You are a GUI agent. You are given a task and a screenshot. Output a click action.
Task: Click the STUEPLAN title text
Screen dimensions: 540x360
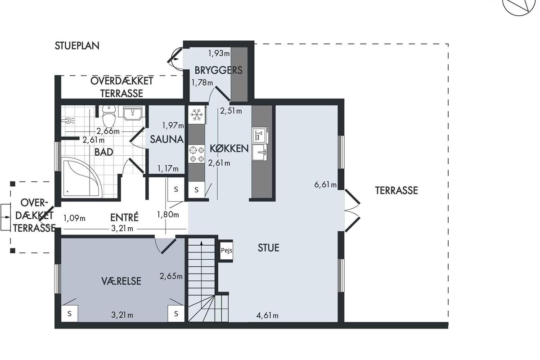click(77, 46)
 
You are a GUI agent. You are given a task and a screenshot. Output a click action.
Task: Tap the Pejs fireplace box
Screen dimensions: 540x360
click(227, 251)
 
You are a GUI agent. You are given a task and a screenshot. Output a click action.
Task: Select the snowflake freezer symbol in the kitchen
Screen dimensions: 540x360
click(197, 115)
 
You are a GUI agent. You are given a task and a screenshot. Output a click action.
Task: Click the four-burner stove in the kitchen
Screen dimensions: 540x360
click(197, 154)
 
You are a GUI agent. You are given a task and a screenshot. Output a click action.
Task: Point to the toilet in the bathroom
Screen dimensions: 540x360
click(109, 116)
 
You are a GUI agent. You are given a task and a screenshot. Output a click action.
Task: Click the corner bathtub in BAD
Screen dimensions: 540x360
click(81, 177)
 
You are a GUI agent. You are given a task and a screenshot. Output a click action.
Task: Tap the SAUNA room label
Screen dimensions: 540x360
click(166, 139)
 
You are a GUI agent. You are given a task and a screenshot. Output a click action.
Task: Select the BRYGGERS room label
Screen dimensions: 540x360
click(218, 70)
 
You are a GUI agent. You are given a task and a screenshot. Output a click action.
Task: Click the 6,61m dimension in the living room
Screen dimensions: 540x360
click(325, 184)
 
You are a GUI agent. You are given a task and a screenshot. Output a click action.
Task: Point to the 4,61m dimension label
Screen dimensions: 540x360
click(267, 315)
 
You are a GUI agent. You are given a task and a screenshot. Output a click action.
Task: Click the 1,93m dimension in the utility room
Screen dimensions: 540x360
click(219, 53)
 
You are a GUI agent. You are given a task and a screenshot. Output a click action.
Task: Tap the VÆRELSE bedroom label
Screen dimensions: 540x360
click(121, 281)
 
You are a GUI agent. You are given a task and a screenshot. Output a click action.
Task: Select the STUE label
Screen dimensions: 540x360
click(269, 247)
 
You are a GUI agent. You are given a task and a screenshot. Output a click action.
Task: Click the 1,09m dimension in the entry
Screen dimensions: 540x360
click(74, 218)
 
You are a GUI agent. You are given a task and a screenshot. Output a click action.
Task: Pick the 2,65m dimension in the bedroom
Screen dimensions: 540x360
click(171, 276)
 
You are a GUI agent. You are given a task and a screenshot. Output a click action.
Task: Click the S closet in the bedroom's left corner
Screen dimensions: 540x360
click(69, 314)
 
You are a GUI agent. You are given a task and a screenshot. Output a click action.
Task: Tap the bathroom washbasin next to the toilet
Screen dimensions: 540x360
click(132, 113)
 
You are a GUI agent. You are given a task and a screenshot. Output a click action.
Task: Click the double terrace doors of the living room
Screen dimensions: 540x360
click(352, 211)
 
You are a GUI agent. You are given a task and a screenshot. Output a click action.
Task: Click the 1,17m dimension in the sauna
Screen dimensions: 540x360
click(168, 169)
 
